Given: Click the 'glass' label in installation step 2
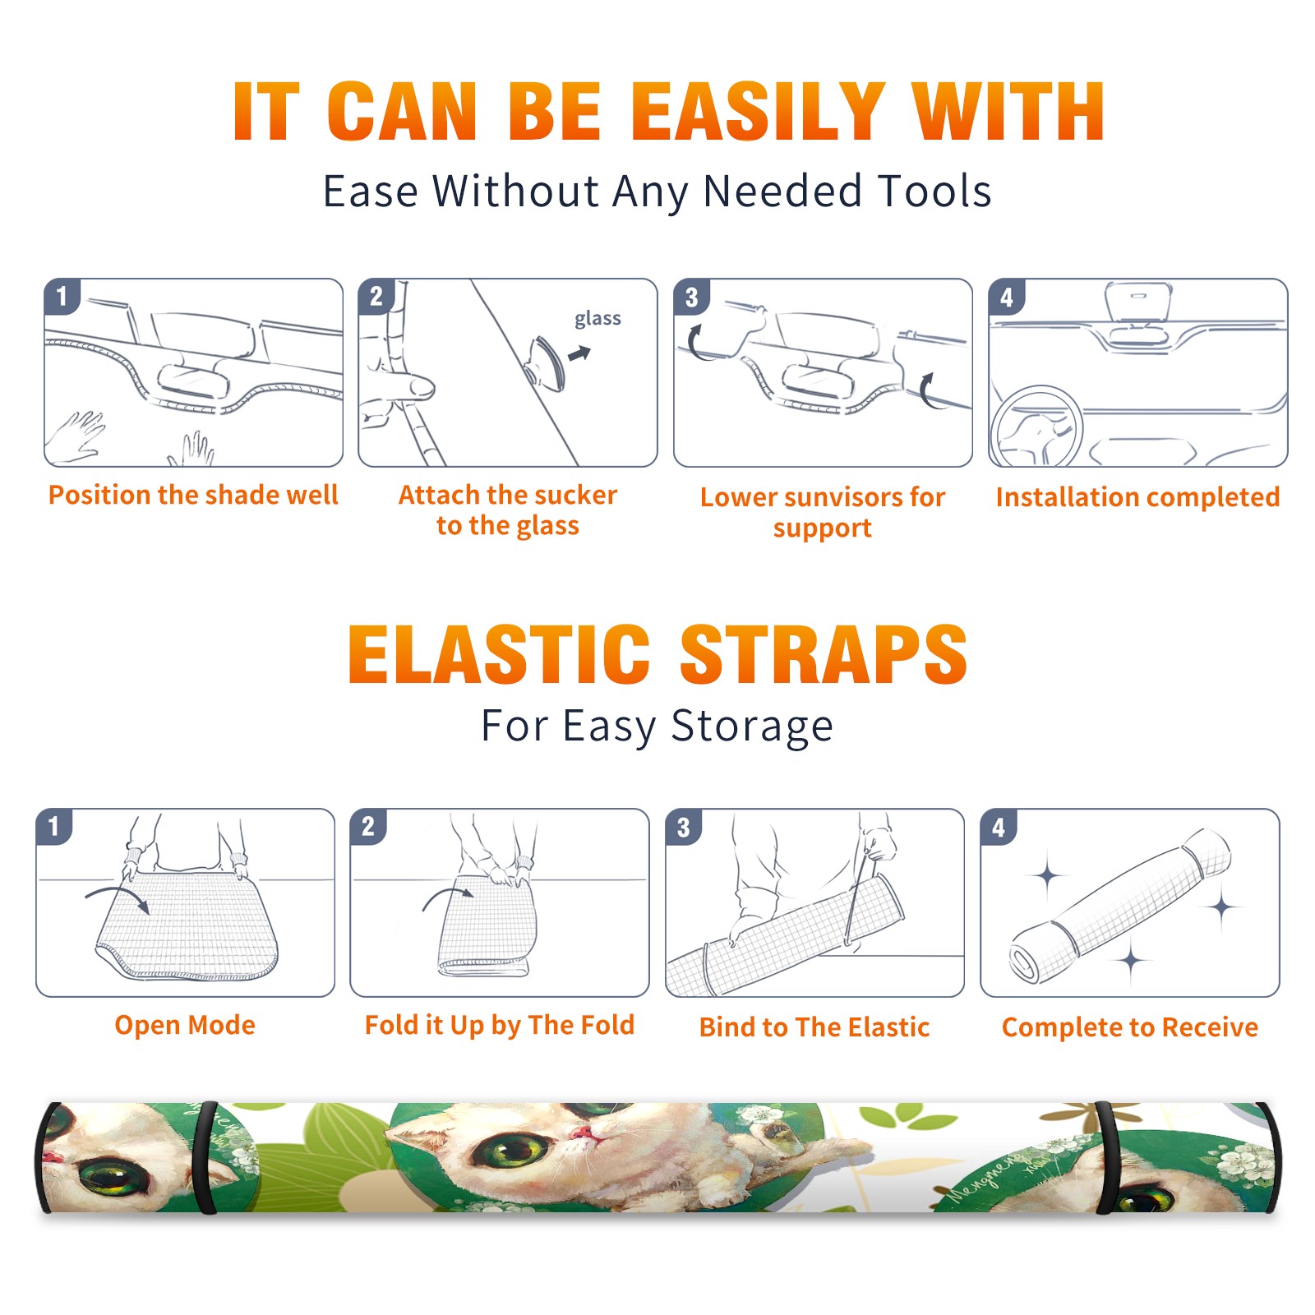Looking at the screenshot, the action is pyautogui.click(x=598, y=319).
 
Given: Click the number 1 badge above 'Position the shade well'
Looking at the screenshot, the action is pyautogui.click(x=62, y=295).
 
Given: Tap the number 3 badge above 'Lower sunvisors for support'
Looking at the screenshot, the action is pyautogui.click(x=691, y=296).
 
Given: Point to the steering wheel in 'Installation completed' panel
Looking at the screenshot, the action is pyautogui.click(x=1036, y=427).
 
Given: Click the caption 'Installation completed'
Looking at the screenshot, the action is pyautogui.click(x=1137, y=497).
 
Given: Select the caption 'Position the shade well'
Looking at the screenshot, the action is pyautogui.click(x=193, y=495).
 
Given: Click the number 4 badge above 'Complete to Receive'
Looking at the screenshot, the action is pyautogui.click(x=999, y=827).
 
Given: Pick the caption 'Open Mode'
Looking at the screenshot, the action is pyautogui.click(x=185, y=1025).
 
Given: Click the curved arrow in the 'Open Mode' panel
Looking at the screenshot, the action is pyautogui.click(x=117, y=894).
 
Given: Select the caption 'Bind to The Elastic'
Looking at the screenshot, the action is pyautogui.click(x=814, y=1027).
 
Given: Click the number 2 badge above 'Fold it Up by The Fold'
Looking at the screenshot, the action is pyautogui.click(x=368, y=826).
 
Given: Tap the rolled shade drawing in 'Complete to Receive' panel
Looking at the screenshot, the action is pyautogui.click(x=1121, y=906).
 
